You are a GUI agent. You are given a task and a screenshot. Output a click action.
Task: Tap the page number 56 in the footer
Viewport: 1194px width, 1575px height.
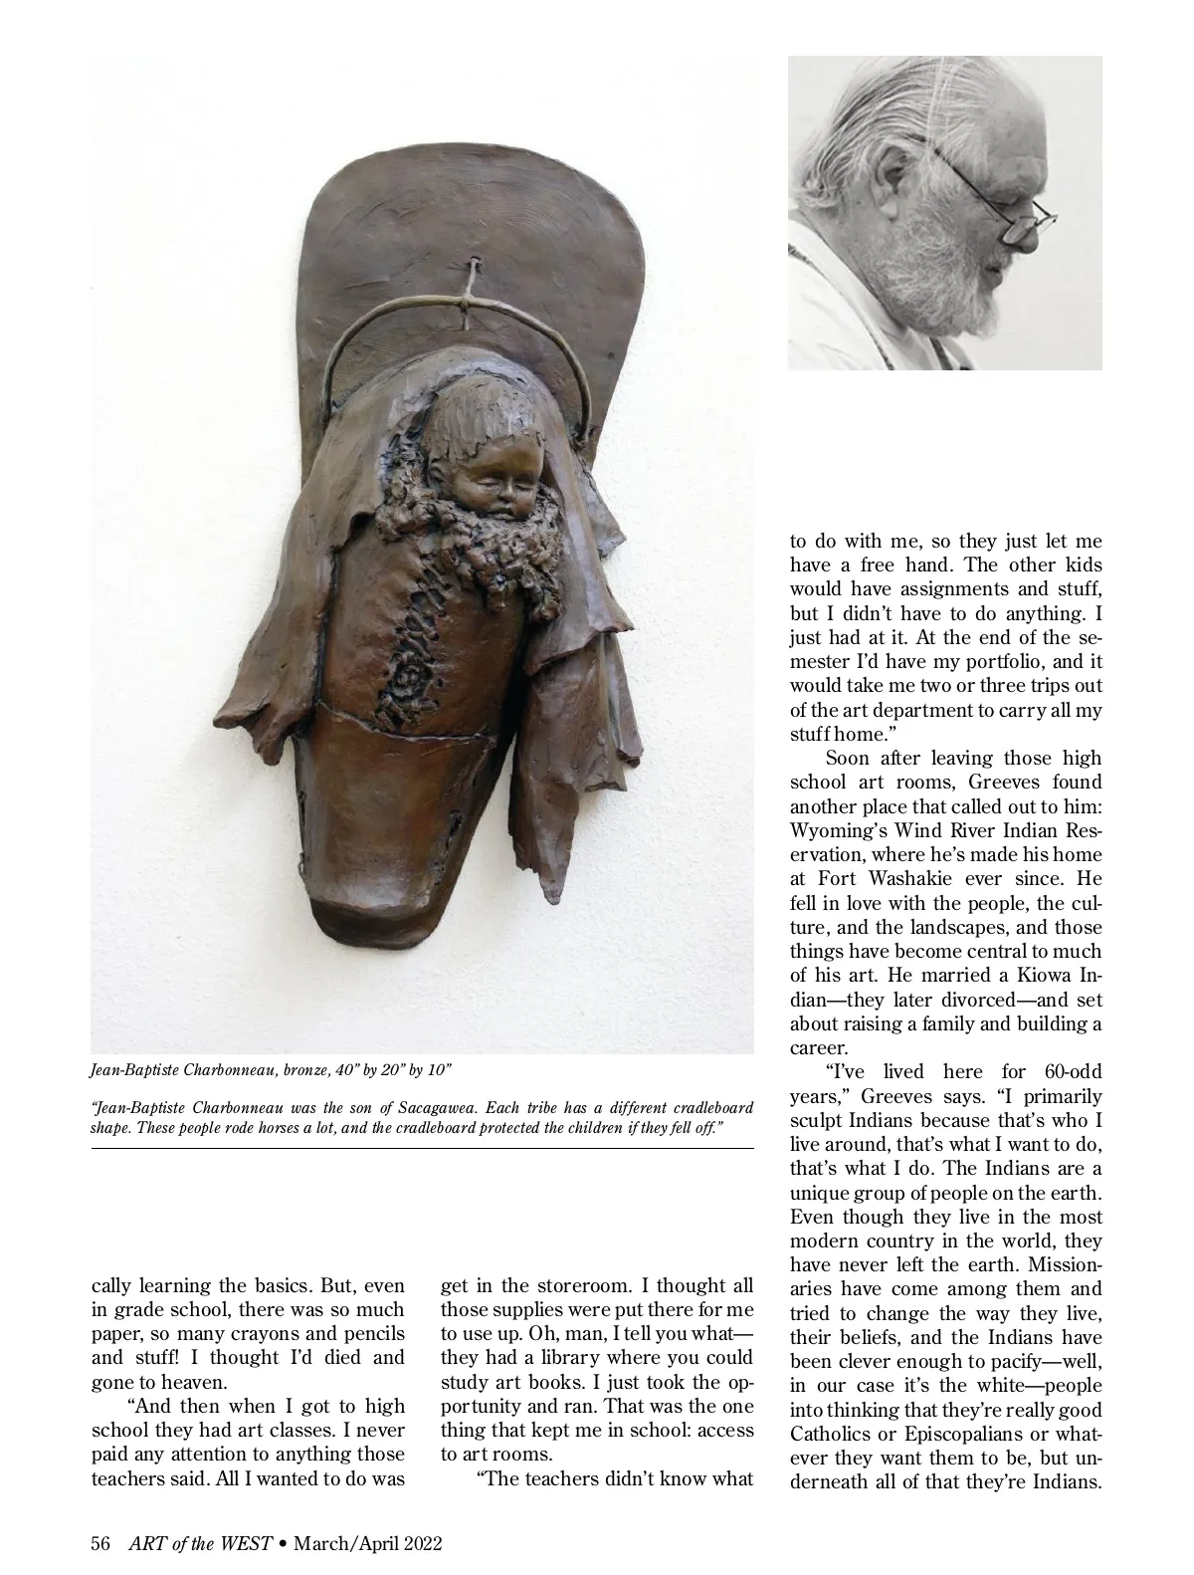click(x=99, y=1543)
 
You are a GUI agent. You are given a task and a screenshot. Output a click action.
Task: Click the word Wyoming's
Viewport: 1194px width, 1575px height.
click(x=841, y=831)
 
